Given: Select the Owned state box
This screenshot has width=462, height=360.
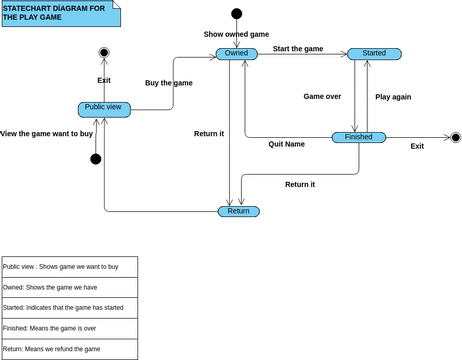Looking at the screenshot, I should point(237,54).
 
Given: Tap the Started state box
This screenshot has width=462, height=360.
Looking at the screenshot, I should point(374,54).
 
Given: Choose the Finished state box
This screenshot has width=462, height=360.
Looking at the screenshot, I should point(359,137).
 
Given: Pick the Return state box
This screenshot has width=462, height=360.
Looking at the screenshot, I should point(238,211).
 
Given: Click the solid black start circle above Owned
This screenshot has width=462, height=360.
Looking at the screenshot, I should point(237,14).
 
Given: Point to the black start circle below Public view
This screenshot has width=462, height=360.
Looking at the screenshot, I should point(96,159).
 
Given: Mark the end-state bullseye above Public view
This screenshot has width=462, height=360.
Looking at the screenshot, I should point(104,52).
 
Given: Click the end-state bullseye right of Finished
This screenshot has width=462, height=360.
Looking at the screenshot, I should point(455,137).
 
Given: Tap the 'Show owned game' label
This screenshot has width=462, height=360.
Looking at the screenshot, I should point(236,34).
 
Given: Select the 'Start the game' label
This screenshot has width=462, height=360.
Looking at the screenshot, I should point(298,48).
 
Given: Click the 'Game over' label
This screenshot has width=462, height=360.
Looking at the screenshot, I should point(322,97).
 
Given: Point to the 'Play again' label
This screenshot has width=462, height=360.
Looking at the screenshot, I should point(393,97).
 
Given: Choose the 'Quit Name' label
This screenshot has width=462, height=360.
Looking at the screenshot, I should point(286,144).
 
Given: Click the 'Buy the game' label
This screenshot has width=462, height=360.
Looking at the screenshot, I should point(169,83).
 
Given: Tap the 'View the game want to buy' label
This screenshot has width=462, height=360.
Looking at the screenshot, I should point(47,133).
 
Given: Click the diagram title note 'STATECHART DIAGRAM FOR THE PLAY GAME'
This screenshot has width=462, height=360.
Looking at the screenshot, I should point(60,13).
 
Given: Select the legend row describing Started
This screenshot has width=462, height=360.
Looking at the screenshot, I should point(69,308).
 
